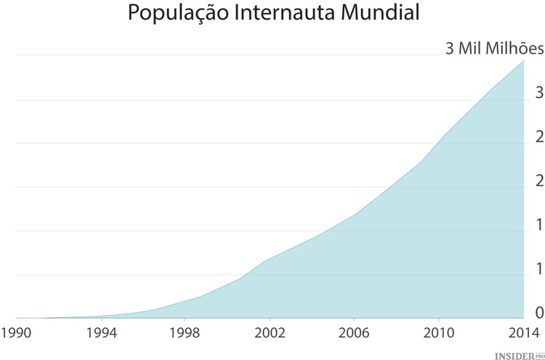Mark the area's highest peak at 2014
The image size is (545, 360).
(x=523, y=61)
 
